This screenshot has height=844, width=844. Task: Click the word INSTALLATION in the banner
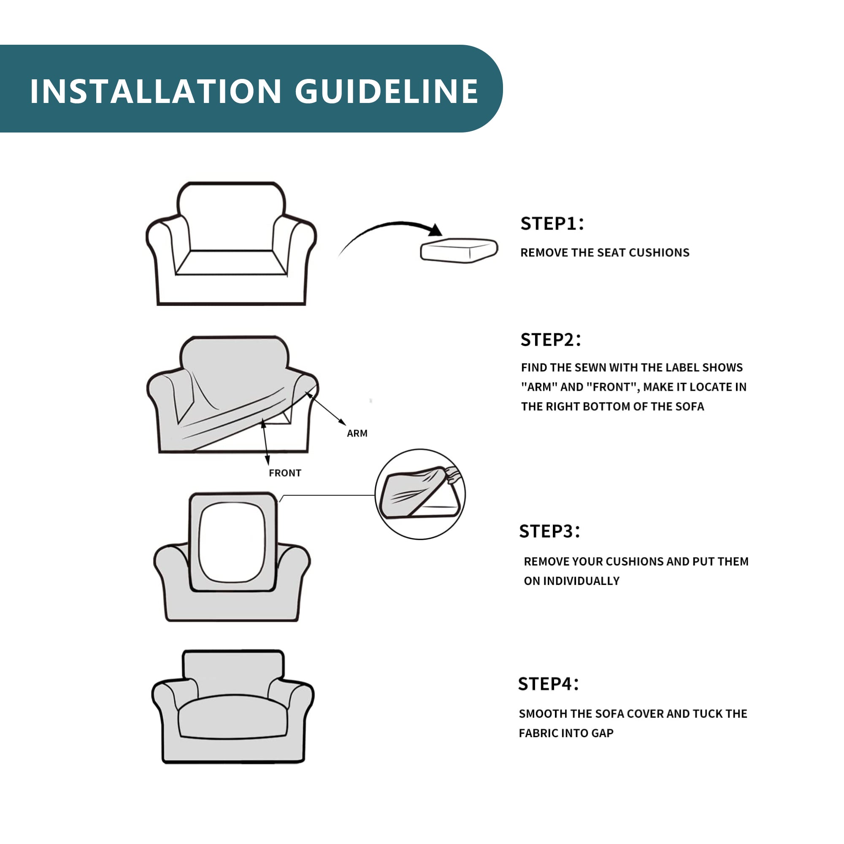[x=156, y=91]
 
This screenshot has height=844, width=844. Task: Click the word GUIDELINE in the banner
[x=387, y=91]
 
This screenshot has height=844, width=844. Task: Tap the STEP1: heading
[x=552, y=224]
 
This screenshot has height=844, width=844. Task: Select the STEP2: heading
[x=550, y=340]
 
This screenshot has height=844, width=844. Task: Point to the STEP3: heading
[x=549, y=531]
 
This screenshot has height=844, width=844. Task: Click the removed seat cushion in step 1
[x=459, y=250]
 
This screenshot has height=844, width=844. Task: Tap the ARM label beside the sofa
[x=357, y=433]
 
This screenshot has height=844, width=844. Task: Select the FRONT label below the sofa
[x=285, y=473]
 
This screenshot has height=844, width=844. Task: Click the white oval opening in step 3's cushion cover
[x=232, y=542]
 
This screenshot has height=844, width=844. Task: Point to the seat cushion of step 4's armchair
[x=233, y=717]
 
